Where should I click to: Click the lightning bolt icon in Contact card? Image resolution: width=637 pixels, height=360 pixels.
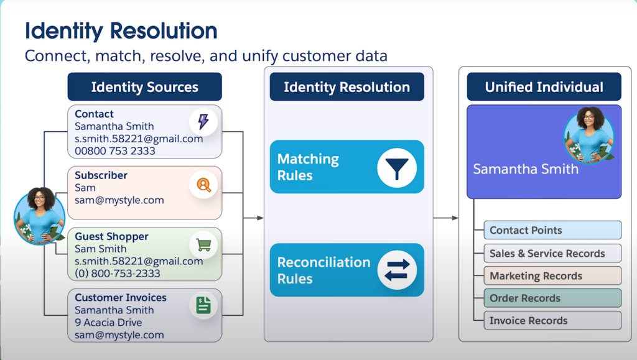[x=203, y=121]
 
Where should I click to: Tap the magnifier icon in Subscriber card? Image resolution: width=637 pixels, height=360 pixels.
[x=203, y=184]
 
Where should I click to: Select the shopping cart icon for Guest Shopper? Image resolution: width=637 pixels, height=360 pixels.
[x=203, y=244]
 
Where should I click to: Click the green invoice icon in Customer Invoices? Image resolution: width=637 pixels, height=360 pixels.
[x=203, y=305]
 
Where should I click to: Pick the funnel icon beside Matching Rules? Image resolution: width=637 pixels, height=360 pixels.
[x=396, y=167]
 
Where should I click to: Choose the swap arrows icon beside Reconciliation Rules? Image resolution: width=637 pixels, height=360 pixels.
[x=396, y=270]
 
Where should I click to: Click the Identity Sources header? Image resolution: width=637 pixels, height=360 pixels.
[x=144, y=87]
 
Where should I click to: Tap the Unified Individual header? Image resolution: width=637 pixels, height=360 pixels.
[x=544, y=87]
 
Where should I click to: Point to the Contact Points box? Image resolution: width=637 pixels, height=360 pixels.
[x=552, y=230]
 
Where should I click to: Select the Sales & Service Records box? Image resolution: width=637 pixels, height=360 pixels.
[x=552, y=253]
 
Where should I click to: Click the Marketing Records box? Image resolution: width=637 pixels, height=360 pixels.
[x=552, y=275]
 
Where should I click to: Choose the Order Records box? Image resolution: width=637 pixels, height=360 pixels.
[x=552, y=298]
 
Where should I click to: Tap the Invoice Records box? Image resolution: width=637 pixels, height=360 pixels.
[x=552, y=320]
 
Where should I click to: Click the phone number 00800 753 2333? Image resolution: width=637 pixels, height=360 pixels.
[x=115, y=151]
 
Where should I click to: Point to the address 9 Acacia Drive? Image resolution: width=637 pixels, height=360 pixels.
[x=108, y=323]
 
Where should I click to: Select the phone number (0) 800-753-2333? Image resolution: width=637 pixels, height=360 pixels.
[x=118, y=274]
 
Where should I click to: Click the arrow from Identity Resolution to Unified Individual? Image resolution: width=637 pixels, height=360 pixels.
[x=446, y=218]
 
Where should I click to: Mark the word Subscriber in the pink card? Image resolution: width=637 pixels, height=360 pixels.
[x=101, y=175]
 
